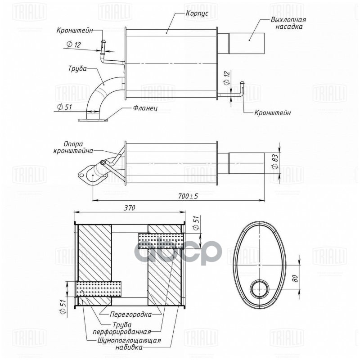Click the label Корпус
click(197, 14)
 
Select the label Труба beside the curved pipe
click(77, 70)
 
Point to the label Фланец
click(145, 108)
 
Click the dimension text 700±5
click(188, 196)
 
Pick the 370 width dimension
click(129, 207)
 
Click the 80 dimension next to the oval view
click(295, 278)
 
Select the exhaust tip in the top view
click(247, 43)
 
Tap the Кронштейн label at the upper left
click(75, 31)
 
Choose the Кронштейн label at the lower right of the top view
click(272, 112)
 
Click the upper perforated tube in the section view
click(161, 241)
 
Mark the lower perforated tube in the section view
click(99, 289)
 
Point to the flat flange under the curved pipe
click(94, 120)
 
